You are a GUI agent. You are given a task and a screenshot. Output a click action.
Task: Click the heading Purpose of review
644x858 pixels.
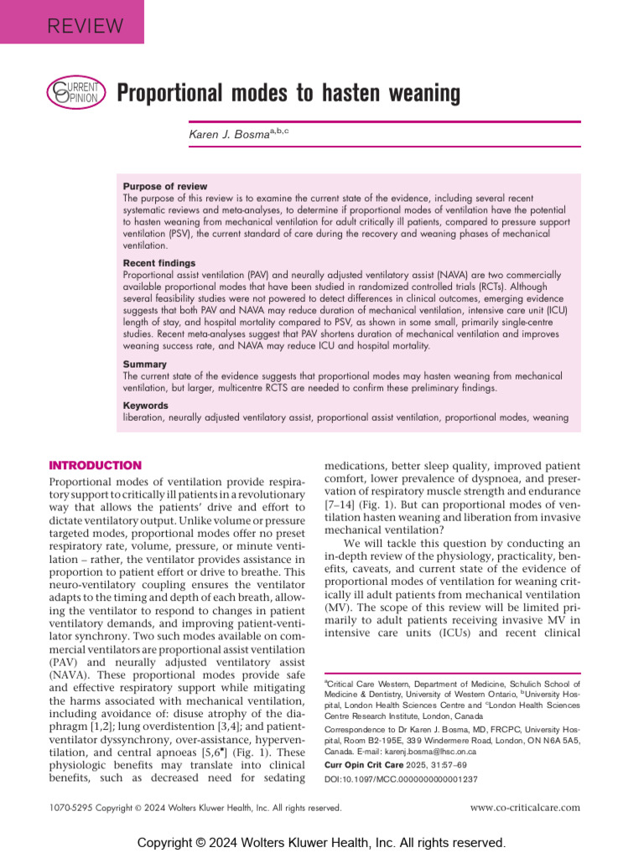(165, 186)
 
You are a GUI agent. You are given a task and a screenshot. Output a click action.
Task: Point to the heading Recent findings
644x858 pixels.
(159, 263)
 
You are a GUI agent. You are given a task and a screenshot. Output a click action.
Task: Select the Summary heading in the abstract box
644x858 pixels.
(145, 364)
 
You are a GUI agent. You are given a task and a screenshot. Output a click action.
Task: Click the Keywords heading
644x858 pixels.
(146, 406)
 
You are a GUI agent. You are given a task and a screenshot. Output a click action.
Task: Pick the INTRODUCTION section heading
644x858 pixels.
(96, 466)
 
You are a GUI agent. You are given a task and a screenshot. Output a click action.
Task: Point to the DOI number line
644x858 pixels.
(401, 778)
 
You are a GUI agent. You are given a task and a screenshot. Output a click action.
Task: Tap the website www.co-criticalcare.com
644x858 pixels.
(525, 808)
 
